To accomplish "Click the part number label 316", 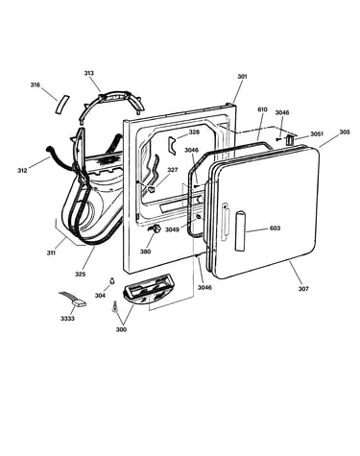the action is click(36, 84).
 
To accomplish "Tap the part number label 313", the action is click(89, 73).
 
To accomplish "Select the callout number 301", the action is click(242, 76).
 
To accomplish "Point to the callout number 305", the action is click(345, 132).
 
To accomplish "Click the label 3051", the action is click(317, 133).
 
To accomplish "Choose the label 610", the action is click(262, 109).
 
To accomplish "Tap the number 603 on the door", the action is click(275, 228).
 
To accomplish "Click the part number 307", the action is click(303, 289).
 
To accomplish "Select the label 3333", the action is click(67, 319).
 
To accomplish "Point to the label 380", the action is click(145, 252).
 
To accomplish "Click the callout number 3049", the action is click(172, 229).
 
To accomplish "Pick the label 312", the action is click(22, 170).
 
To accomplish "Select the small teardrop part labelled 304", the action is click(112, 280).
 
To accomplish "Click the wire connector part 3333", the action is click(74, 300).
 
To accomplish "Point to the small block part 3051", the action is click(289, 139).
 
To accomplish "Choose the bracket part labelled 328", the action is click(173, 145).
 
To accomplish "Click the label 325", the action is click(81, 274).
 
